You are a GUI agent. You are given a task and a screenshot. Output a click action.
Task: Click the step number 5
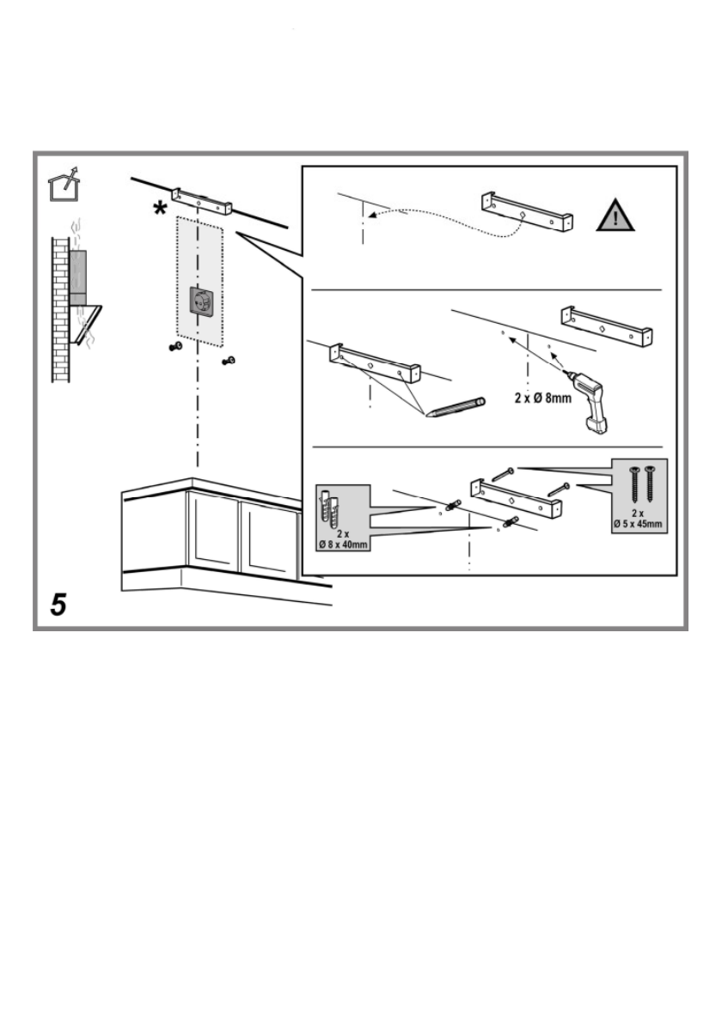point(58,605)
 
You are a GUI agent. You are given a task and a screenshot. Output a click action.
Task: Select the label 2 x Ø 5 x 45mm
point(639,518)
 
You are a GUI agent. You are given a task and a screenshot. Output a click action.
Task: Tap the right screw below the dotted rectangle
point(229,360)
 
